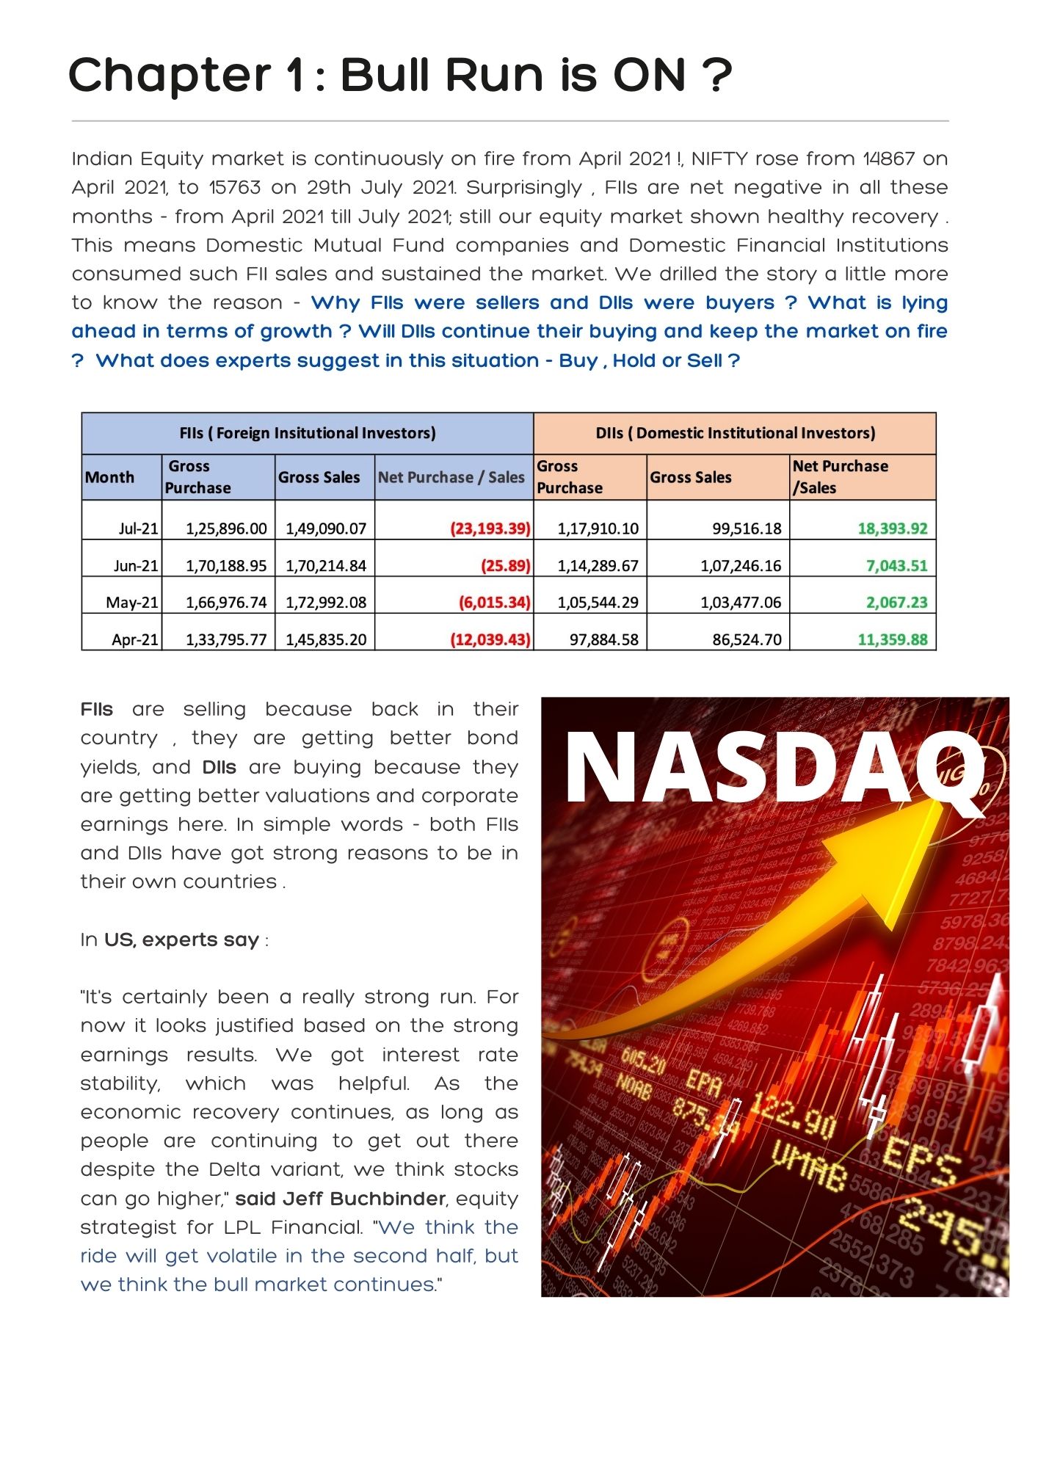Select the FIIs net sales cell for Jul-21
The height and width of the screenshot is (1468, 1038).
490,528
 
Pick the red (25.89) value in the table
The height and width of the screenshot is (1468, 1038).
505,566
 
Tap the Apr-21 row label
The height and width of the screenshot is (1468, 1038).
134,639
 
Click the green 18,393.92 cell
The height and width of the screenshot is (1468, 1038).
892,528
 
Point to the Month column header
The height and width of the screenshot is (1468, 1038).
110,477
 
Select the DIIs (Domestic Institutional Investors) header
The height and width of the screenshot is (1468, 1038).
735,433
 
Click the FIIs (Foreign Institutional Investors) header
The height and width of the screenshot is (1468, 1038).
308,433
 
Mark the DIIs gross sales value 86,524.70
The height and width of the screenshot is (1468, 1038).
747,639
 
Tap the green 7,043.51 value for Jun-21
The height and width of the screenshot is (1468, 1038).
896,566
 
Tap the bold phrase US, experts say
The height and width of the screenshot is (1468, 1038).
181,940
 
